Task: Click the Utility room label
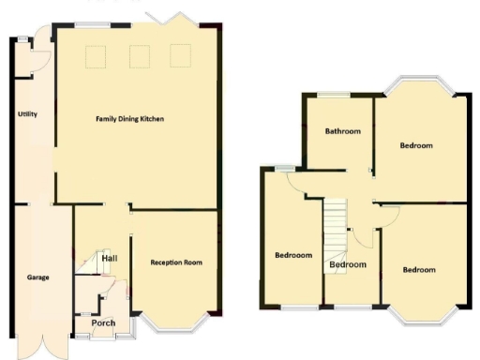[27, 114]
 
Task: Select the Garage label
[38, 277]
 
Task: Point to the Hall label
[109, 258]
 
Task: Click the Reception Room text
[176, 262]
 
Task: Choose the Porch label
[102, 323]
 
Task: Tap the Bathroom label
[342, 131]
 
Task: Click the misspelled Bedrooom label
[293, 255]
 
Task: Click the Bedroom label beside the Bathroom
[415, 145]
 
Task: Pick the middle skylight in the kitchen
[139, 57]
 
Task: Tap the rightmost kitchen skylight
[180, 56]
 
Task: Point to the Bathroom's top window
[333, 95]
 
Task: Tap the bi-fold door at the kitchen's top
[172, 20]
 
